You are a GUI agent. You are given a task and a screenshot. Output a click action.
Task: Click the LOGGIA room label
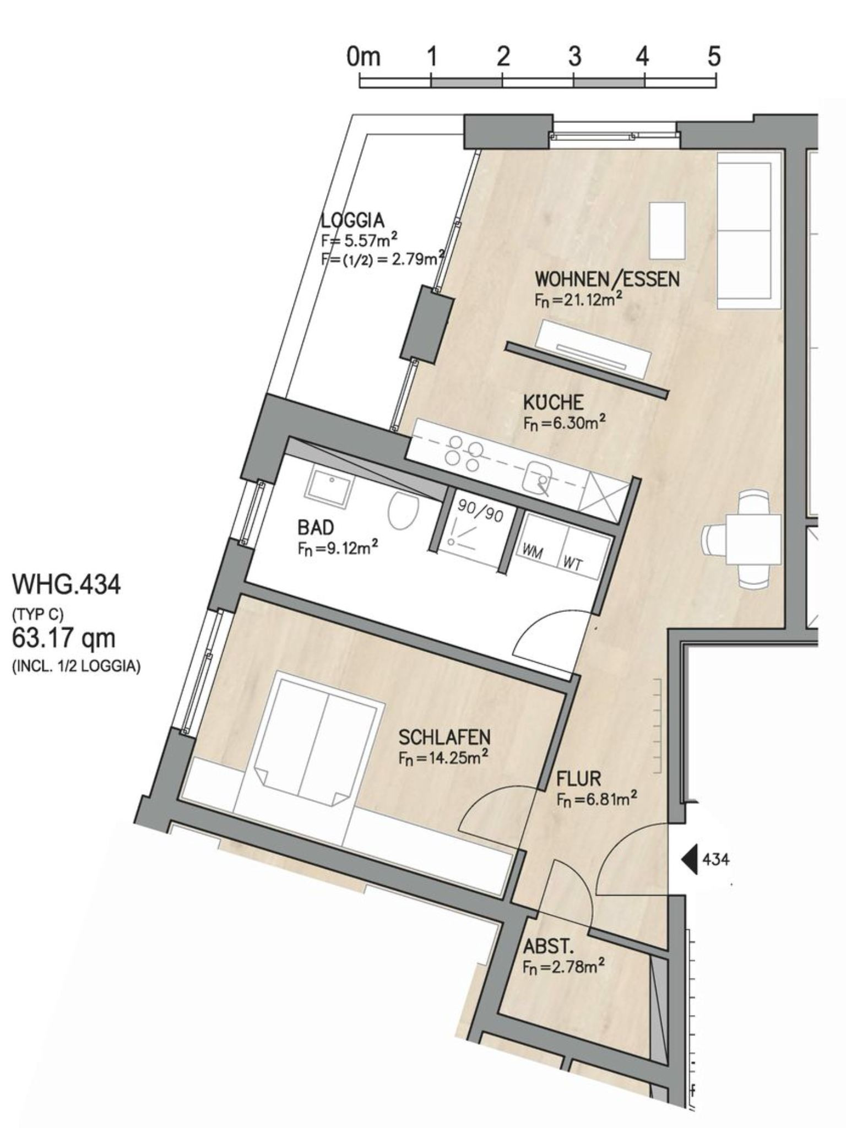352,220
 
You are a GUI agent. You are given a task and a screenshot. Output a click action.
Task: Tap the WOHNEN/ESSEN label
607,279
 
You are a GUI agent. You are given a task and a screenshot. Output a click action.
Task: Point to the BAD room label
316,528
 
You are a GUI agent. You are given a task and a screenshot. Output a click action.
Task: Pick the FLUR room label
578,779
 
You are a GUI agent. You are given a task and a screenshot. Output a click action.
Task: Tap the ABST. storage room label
549,947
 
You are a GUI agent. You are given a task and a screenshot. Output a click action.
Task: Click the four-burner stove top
464,453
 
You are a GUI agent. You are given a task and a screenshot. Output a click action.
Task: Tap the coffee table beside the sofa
668,230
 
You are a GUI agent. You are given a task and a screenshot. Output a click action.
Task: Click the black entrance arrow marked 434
690,858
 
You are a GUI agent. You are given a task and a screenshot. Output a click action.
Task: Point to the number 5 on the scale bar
714,56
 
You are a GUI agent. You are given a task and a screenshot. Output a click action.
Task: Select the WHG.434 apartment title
66,584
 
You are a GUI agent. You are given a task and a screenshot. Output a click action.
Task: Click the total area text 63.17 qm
64,638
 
